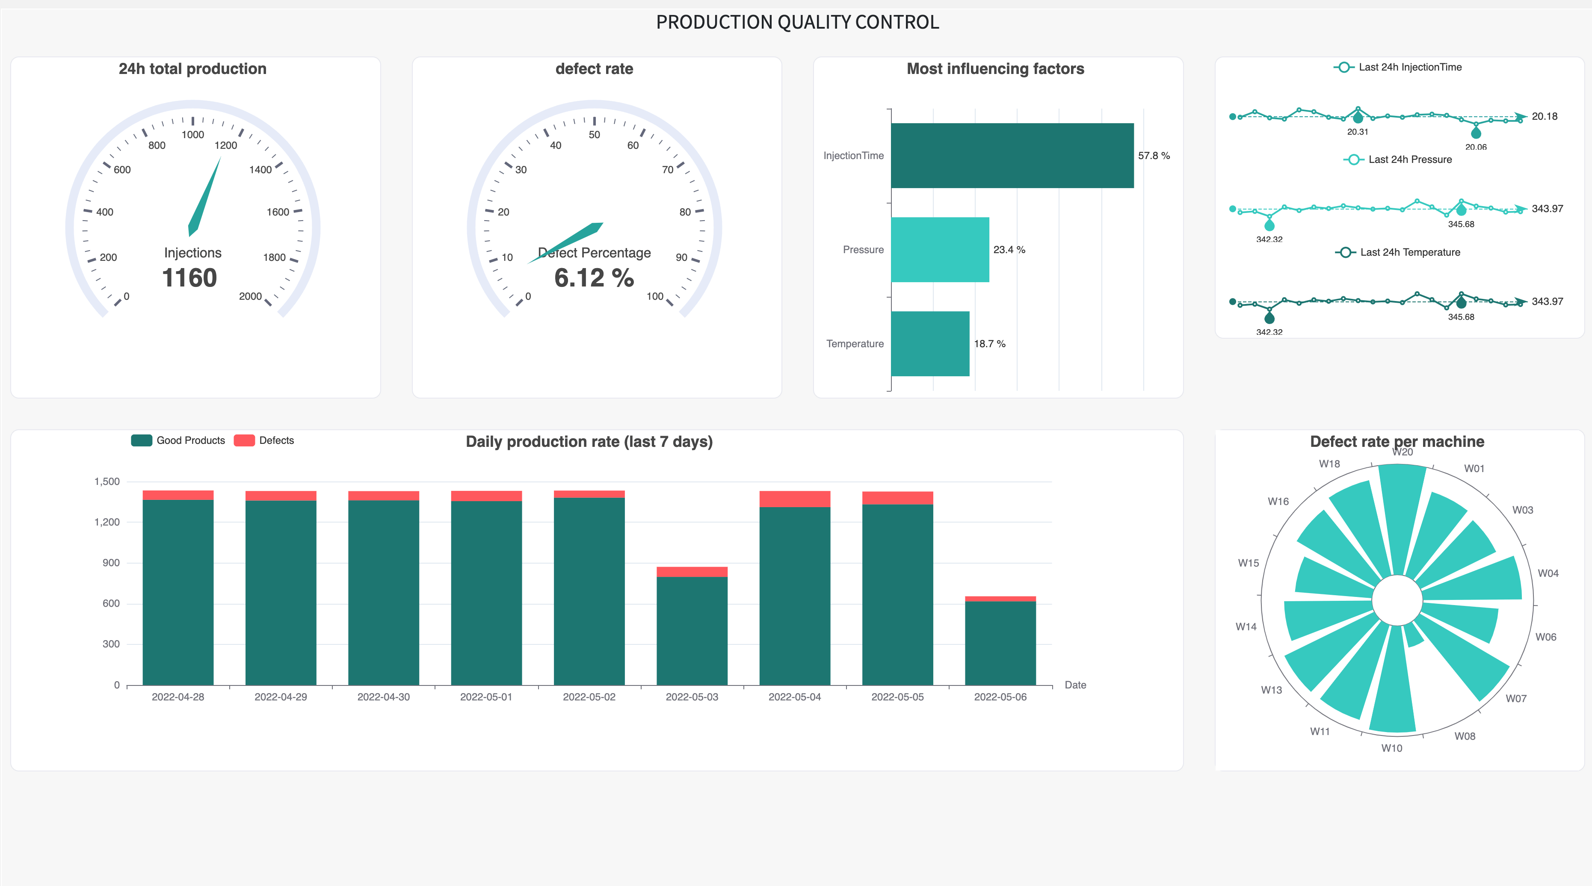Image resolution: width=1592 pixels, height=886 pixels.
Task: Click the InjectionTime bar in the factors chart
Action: [x=1012, y=156]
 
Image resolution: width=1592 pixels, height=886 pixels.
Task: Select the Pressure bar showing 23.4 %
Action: [x=939, y=250]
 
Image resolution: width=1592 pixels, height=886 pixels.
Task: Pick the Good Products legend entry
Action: [x=179, y=440]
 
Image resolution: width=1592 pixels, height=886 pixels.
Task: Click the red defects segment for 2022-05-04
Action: [x=794, y=499]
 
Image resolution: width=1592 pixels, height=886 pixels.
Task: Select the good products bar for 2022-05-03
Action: [x=692, y=630]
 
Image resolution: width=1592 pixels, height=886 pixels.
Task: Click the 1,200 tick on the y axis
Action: [x=107, y=522]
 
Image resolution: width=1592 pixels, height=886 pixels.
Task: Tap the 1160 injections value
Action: [x=190, y=278]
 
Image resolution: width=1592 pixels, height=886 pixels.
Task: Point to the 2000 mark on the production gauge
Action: [x=250, y=297]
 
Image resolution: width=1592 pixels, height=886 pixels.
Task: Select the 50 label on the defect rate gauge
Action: [x=594, y=135]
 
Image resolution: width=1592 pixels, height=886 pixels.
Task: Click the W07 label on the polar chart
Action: [x=1515, y=699]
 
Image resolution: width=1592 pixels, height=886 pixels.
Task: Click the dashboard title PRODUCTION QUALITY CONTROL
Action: [x=797, y=22]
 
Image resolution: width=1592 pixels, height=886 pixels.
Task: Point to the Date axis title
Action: [x=1075, y=685]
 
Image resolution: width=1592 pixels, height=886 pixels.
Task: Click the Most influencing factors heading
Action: [x=995, y=68]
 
